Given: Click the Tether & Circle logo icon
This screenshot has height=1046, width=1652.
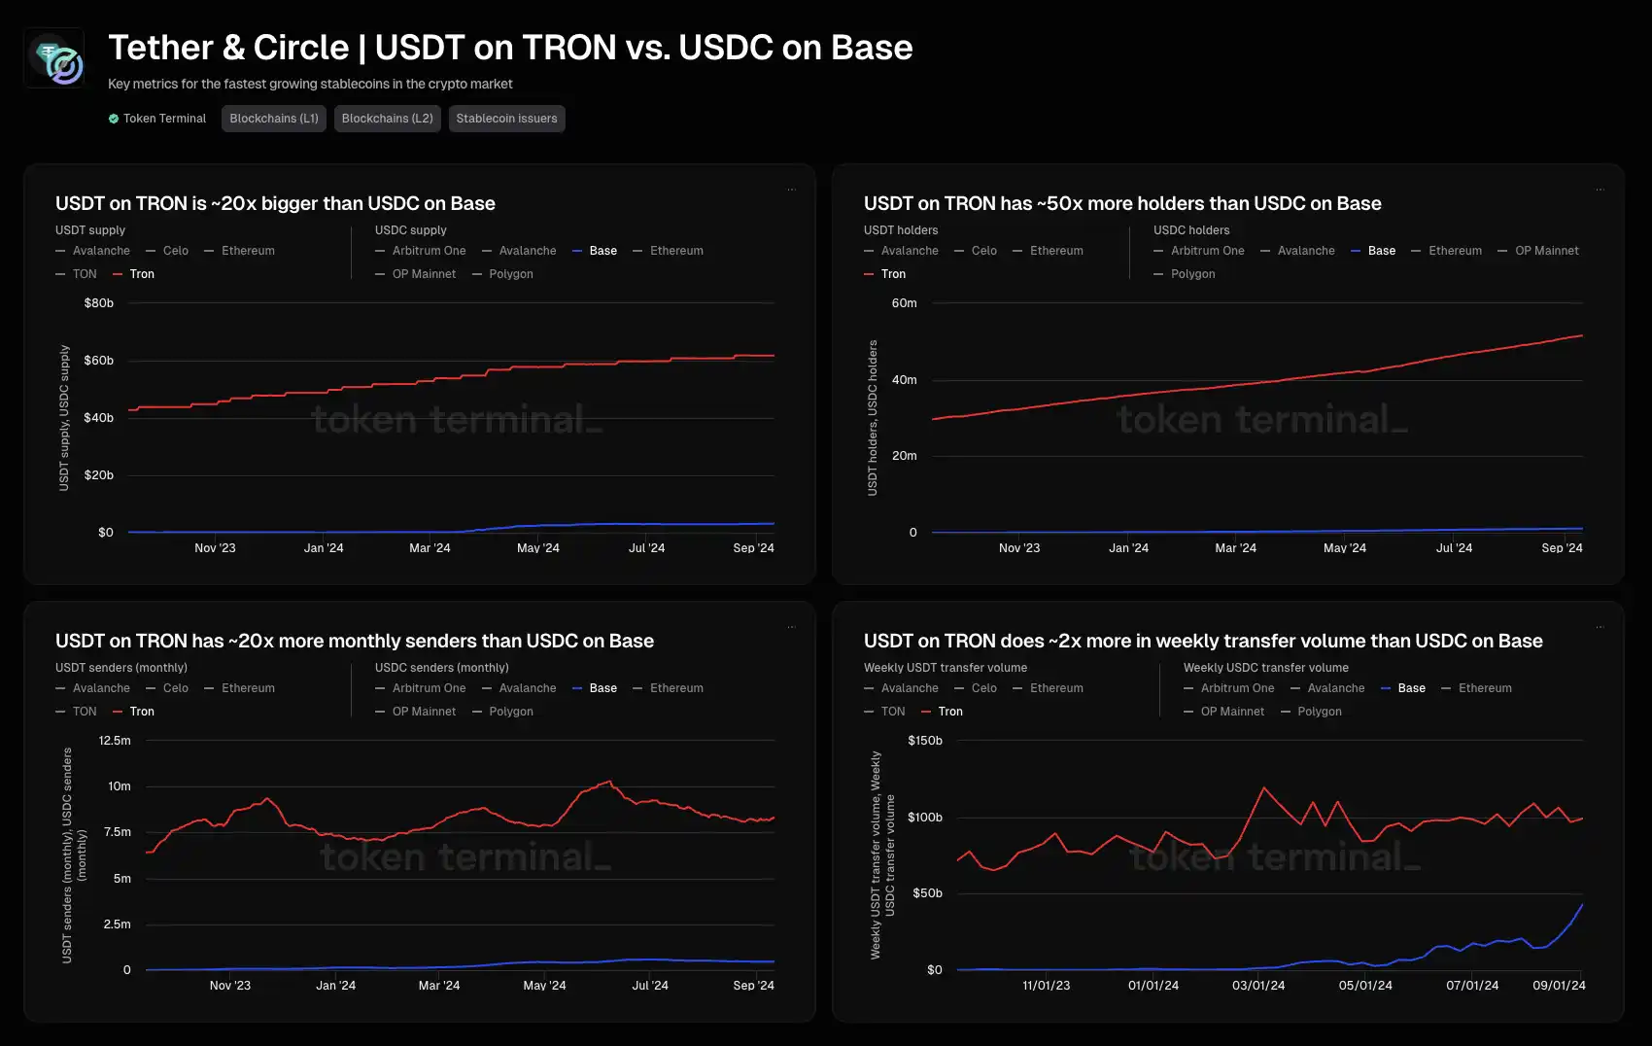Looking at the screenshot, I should point(54,58).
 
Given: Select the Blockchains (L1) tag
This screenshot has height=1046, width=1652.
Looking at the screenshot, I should point(274,119).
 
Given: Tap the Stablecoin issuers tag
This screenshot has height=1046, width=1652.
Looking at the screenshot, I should point(506,119).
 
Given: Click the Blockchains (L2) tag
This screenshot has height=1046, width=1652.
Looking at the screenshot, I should point(387,119).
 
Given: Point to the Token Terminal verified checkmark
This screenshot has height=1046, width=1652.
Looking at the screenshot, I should point(114,119).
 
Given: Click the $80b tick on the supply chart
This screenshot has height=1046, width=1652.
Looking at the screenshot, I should point(99,303).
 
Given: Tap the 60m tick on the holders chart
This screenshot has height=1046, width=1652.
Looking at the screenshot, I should point(904,303).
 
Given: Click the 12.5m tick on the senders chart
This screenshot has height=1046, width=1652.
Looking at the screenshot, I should point(115,741).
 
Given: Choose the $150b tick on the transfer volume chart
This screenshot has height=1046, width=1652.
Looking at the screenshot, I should point(924,741).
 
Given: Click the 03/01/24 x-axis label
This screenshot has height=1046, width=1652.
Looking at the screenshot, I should point(1258,986).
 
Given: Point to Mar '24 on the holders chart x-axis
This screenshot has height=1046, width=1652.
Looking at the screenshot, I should point(1235,548).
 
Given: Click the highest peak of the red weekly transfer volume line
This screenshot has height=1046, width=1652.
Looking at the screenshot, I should point(1263,787).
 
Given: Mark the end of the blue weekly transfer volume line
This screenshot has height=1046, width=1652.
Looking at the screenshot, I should point(1582,905).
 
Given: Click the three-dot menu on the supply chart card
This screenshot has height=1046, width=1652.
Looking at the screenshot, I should point(791,190).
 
